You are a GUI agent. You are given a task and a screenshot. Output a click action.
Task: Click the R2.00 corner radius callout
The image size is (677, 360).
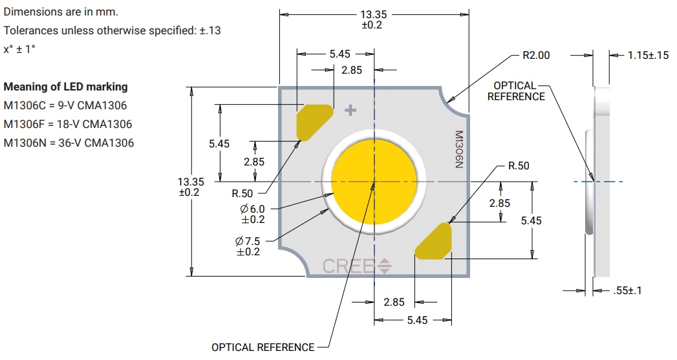[535, 56]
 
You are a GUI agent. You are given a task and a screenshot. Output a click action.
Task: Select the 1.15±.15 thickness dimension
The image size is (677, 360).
[648, 56]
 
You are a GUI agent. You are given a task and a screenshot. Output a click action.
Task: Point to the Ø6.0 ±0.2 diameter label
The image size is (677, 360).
[252, 214]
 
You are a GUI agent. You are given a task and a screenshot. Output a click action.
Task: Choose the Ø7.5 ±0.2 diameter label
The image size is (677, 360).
[248, 246]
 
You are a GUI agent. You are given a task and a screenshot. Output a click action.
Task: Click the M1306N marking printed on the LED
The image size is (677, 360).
[458, 150]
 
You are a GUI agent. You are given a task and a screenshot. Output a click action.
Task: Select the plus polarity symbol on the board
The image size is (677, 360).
[350, 111]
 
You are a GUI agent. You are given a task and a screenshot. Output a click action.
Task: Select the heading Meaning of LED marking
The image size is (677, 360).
[66, 87]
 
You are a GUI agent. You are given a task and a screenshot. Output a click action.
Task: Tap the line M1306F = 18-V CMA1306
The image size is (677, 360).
[67, 124]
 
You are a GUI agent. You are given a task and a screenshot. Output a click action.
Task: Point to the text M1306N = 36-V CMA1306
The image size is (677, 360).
[69, 143]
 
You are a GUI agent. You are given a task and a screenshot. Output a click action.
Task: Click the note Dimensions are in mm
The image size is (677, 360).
[61, 12]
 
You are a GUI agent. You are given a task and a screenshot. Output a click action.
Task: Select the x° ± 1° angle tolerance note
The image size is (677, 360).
[19, 48]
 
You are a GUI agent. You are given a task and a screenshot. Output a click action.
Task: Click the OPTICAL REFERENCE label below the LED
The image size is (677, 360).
[263, 348]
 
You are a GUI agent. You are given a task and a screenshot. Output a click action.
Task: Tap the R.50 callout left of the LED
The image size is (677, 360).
[242, 193]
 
